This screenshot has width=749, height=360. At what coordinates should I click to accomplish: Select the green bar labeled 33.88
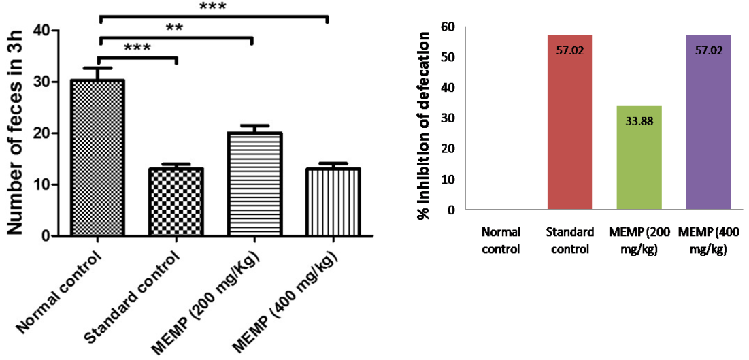[639, 158]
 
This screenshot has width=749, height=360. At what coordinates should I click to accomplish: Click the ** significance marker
[175, 28]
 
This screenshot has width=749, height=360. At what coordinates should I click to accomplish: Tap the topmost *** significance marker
[212, 7]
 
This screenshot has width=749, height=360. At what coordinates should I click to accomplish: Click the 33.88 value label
[639, 122]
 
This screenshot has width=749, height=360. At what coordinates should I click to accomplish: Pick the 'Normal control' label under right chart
[501, 240]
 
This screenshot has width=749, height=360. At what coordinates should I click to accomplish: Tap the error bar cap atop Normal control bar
[97, 68]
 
